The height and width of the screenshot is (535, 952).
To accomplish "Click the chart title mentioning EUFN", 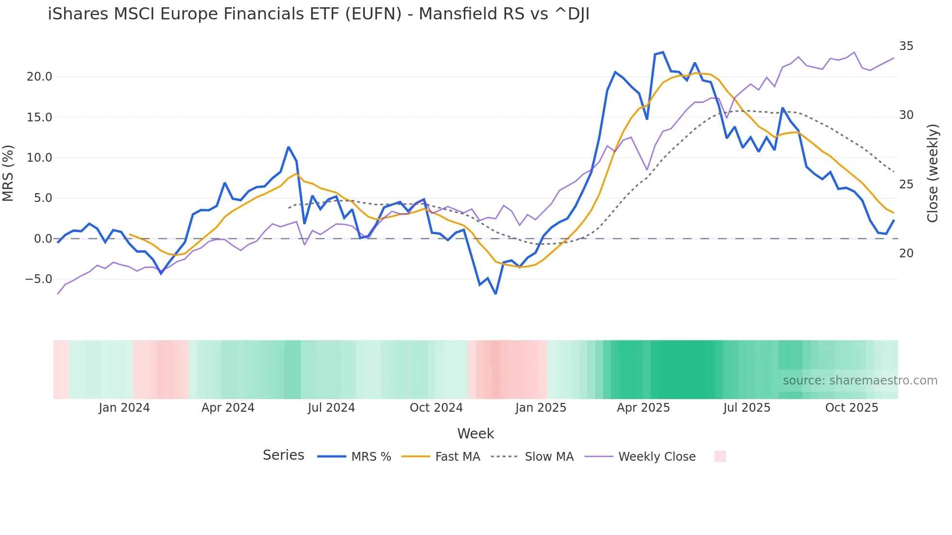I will click(319, 14).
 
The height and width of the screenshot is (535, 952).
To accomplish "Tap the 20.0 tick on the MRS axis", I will click(39, 77).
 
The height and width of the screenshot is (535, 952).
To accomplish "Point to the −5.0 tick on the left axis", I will click(39, 279).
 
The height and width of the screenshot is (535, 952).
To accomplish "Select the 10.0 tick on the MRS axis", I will click(39, 158).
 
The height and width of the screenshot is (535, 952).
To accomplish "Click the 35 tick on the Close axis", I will click(906, 46).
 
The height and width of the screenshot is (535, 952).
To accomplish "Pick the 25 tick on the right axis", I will click(906, 184).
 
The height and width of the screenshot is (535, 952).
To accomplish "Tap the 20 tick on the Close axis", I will click(906, 253).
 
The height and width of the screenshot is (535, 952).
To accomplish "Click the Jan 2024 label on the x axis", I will click(124, 408).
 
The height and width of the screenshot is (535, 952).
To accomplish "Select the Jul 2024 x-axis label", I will click(331, 408).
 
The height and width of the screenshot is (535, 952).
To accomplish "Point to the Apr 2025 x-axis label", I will click(643, 408).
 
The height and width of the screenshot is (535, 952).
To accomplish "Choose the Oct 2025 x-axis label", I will click(851, 408).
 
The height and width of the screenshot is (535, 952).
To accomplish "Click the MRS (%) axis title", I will click(8, 173).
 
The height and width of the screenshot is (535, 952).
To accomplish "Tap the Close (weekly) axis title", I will click(932, 173).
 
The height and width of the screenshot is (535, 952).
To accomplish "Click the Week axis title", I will click(476, 434).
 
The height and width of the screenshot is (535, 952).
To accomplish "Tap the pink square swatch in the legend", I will click(720, 456).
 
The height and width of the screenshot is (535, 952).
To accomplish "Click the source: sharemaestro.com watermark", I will click(860, 381).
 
